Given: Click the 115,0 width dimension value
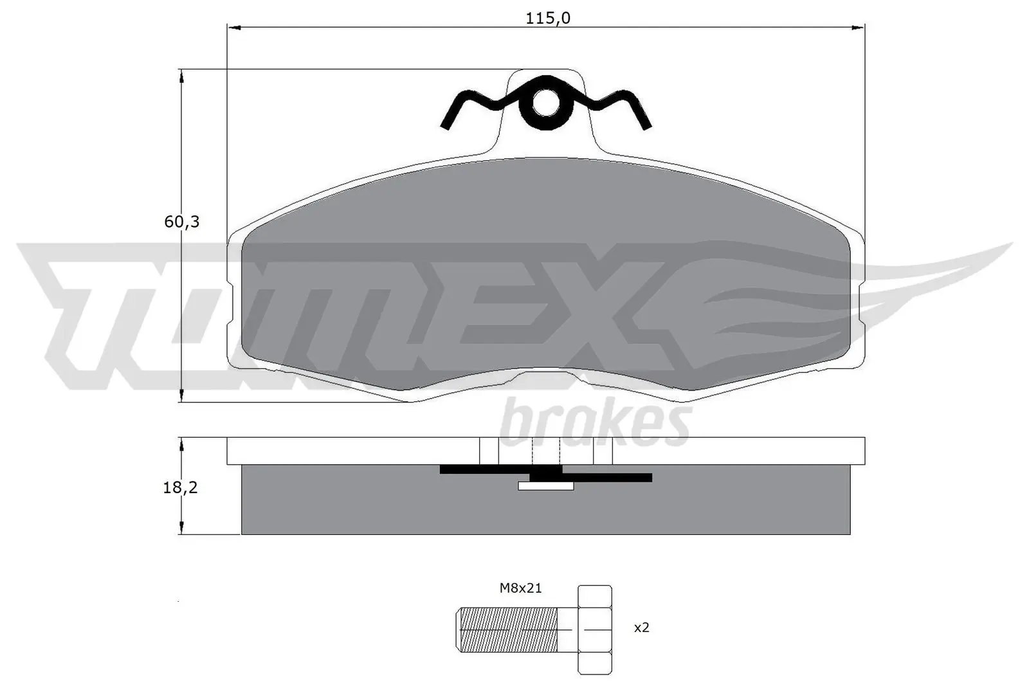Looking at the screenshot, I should point(548,18).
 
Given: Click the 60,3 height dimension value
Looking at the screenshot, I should point(182,222).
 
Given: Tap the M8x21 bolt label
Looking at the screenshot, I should point(521,588).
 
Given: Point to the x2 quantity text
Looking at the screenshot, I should point(641,627).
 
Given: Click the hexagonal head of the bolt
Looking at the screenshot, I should point(595,629).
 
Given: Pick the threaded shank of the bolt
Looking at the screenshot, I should point(508,629).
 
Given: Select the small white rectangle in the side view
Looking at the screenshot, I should point(545,486).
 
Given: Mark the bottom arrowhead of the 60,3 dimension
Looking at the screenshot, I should point(183,397).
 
